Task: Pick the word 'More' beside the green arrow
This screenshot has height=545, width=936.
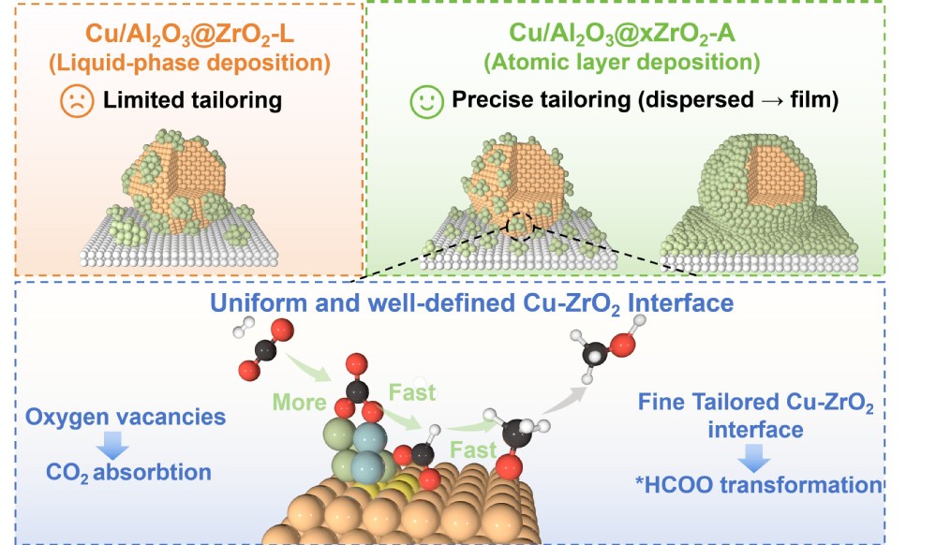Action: click(299, 403)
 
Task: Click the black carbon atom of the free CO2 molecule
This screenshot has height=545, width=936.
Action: click(267, 350)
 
